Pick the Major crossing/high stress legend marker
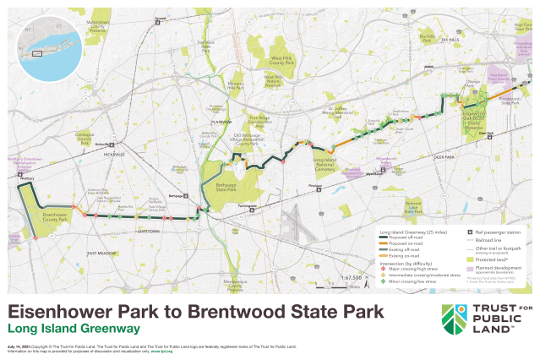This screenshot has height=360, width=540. point(383,268)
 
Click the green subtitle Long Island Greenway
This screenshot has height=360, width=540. point(74,327)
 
